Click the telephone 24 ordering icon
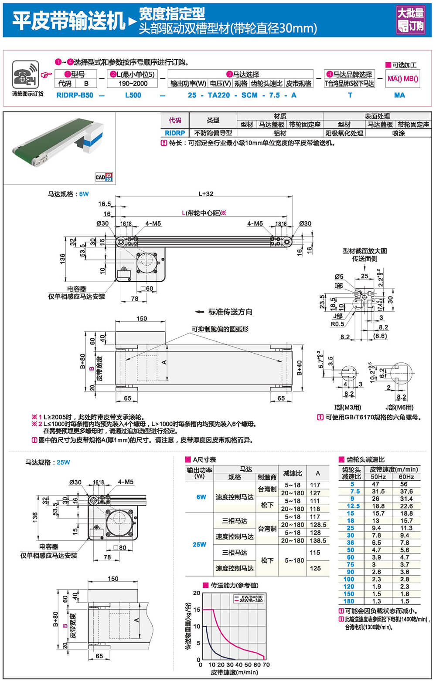(25, 74)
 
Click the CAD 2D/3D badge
(104, 177)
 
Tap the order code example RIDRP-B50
(75, 95)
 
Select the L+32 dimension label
(206, 194)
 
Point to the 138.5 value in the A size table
(318, 540)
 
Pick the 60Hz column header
(406, 477)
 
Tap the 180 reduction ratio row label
(349, 601)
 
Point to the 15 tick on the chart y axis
(197, 610)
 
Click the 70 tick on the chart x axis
(266, 665)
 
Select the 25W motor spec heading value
(63, 462)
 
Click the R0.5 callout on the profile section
(337, 324)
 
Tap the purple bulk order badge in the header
(410, 20)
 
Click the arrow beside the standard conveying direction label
(199, 312)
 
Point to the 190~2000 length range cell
(133, 84)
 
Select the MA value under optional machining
(399, 95)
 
